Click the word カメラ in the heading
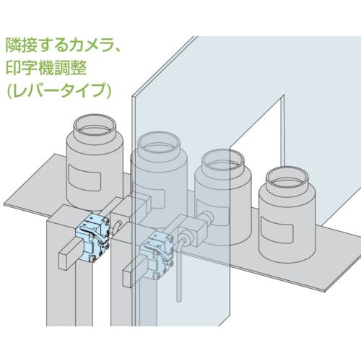[84, 45]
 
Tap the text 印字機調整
[46, 68]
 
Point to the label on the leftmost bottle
[84, 177]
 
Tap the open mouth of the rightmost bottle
[287, 178]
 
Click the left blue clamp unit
[92, 237]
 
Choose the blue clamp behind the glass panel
[157, 255]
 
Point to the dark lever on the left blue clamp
[92, 232]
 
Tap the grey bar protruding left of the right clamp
[134, 273]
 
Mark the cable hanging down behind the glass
[179, 269]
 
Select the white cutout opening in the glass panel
[258, 149]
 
